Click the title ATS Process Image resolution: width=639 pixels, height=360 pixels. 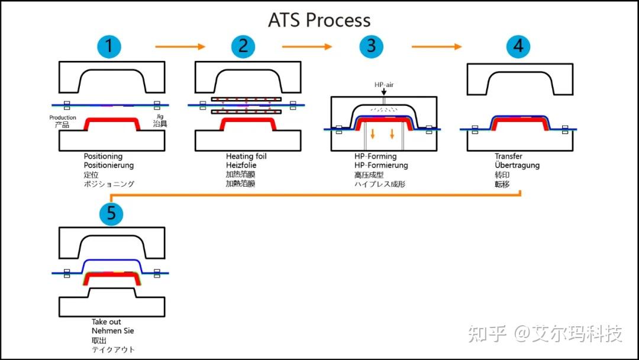click(x=319, y=20)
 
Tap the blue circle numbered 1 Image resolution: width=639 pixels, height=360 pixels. click(x=108, y=46)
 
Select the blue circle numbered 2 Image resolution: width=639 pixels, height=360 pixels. click(x=243, y=46)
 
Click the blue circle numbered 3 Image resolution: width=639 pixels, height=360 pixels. click(x=371, y=46)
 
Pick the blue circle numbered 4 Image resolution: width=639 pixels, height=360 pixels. click(x=518, y=46)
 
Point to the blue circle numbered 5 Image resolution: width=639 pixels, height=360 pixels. click(x=111, y=213)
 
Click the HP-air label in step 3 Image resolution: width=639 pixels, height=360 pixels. click(x=383, y=85)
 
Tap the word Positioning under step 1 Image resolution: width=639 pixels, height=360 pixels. click(x=104, y=156)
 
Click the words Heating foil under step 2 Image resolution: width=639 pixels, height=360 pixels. click(x=246, y=156)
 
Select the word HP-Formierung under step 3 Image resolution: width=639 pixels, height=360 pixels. click(x=381, y=166)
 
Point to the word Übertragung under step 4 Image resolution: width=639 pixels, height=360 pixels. click(x=517, y=166)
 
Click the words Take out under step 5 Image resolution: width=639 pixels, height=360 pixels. click(x=106, y=322)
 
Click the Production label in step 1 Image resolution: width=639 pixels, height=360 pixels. click(x=63, y=118)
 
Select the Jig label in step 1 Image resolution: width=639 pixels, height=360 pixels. click(x=159, y=117)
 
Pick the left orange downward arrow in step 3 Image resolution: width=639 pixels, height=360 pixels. click(x=373, y=134)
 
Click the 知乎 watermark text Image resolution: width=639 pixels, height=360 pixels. click(x=487, y=333)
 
